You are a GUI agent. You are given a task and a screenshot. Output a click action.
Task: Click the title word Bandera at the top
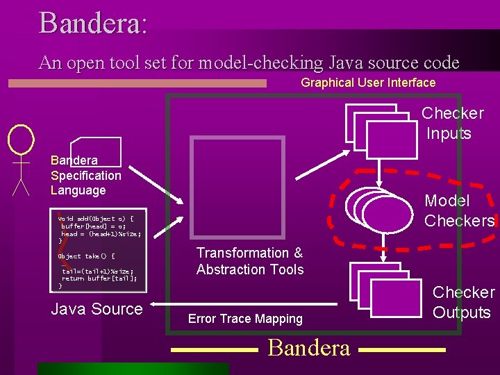tap(92, 22)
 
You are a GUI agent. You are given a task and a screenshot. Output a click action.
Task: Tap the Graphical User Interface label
tap(367, 83)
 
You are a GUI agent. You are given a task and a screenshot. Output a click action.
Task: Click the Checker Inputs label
tap(452, 123)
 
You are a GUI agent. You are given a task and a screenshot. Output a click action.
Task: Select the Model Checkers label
tap(458, 210)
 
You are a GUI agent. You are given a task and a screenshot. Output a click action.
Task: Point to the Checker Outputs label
tap(463, 302)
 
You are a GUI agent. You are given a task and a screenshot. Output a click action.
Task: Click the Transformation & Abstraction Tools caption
tap(249, 261)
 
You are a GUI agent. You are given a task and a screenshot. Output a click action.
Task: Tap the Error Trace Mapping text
tap(245, 319)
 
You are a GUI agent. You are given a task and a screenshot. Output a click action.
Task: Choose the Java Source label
tap(97, 309)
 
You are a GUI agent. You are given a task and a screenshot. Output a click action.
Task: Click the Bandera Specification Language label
tap(85, 175)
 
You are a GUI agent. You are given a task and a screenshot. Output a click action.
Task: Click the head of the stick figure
tap(21, 139)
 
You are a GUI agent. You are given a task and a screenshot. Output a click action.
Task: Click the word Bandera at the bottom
tap(308, 347)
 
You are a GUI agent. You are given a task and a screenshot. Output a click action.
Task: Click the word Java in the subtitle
tap(347, 63)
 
